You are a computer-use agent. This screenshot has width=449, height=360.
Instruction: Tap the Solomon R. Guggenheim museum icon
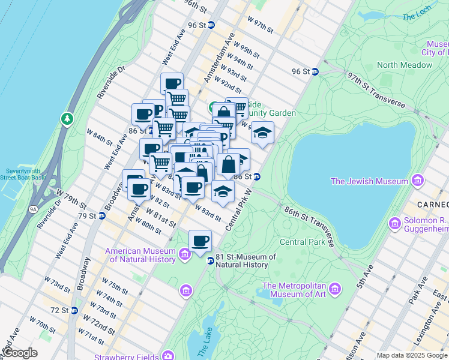pos(395,224)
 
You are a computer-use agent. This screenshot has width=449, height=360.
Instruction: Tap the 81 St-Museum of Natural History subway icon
pos(211,260)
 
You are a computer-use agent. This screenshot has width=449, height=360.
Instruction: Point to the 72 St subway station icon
pos(74,310)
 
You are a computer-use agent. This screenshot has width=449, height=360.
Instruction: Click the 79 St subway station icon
pos(101,215)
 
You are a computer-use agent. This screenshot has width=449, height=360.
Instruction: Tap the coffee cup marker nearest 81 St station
pos(200,241)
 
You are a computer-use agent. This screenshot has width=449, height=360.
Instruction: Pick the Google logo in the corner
pos(19,353)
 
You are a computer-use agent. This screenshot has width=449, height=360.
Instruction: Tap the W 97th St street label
pos(260,25)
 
